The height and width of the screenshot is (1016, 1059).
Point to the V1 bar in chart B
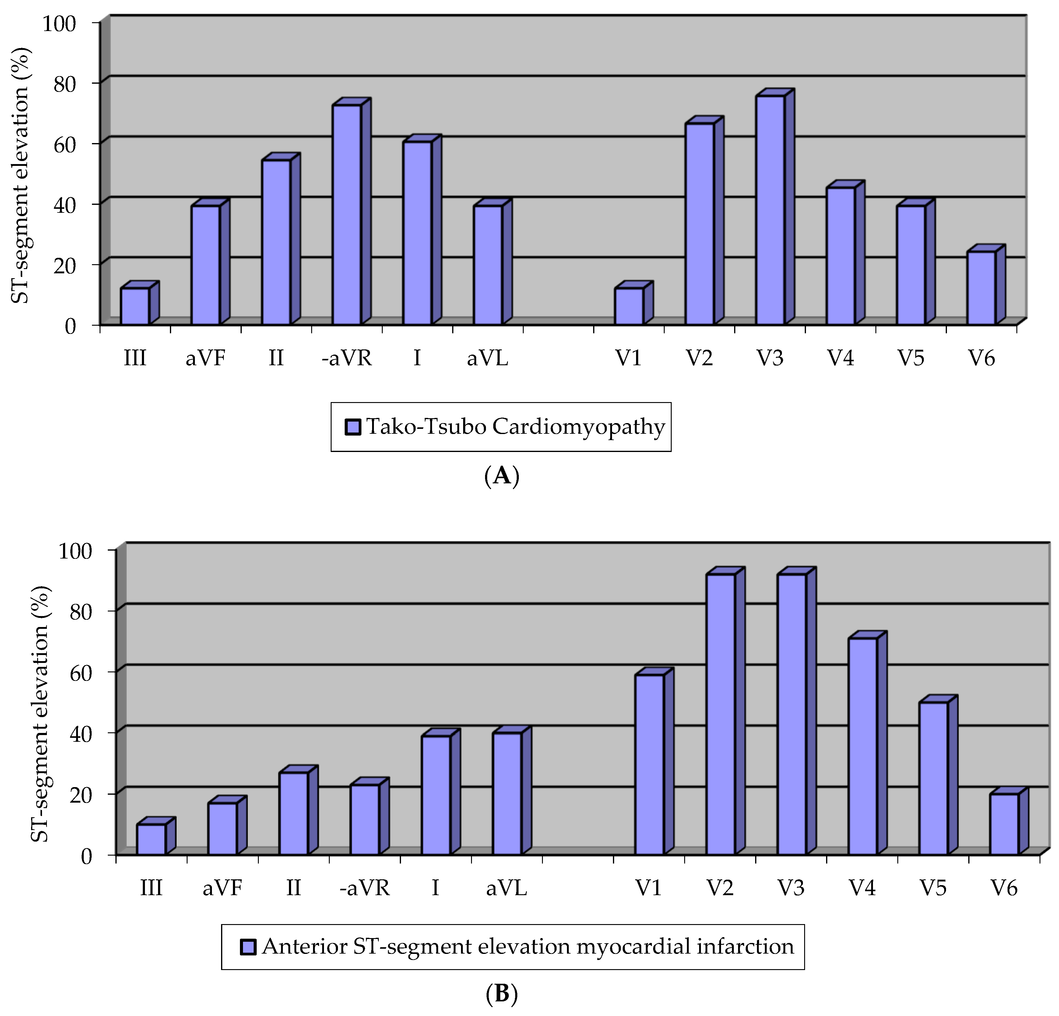tap(649, 764)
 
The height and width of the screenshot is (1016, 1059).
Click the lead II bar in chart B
tap(294, 813)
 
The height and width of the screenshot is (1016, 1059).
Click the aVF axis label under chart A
tap(205, 358)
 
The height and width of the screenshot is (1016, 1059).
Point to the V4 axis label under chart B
tap(862, 888)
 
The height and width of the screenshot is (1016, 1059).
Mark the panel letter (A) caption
tap(502, 476)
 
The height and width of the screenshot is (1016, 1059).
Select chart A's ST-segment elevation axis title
tap(22, 176)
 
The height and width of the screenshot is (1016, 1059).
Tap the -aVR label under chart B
tap(365, 888)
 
